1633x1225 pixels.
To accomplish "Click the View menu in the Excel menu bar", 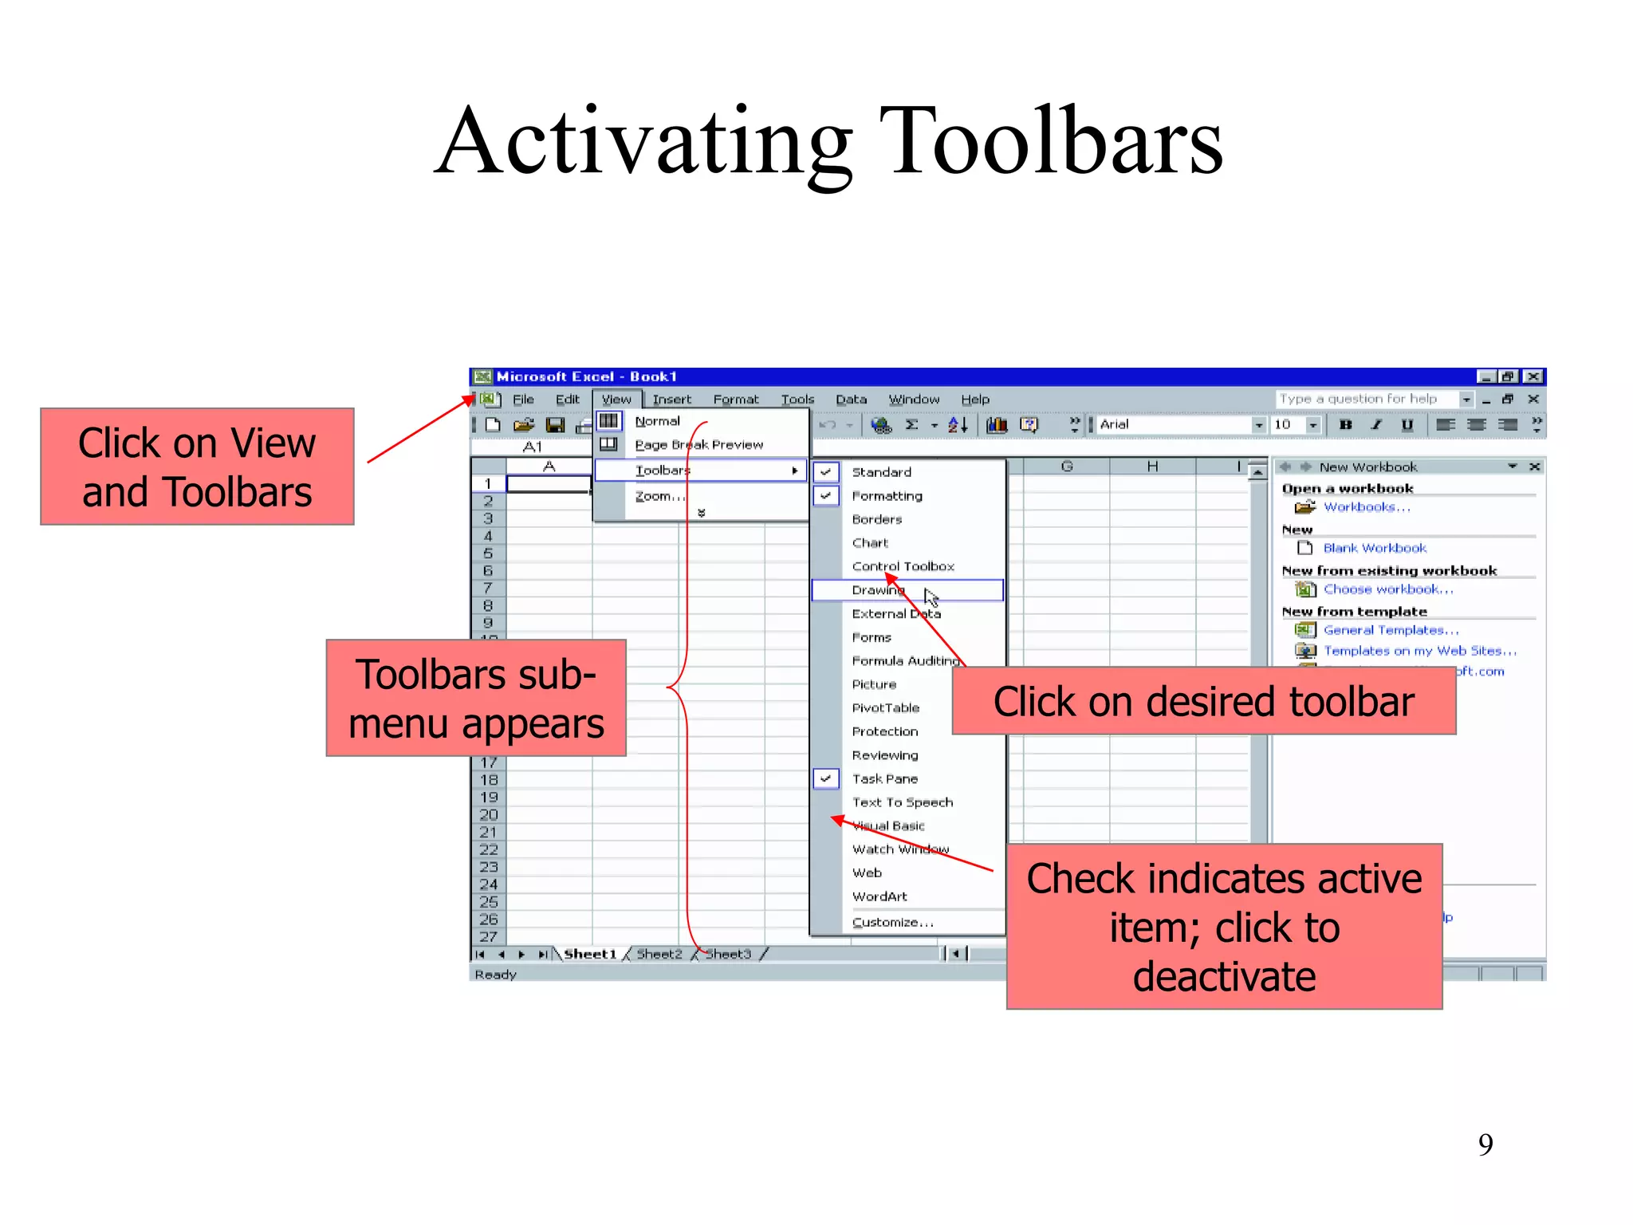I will (x=616, y=400).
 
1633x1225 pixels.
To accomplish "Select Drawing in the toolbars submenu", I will (x=877, y=590).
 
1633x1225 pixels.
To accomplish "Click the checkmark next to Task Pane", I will (x=826, y=778).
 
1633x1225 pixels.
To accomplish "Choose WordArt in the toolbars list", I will (x=879, y=896).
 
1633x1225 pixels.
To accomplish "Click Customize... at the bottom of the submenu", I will (x=892, y=922).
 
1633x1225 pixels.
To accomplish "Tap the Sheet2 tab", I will (x=659, y=954).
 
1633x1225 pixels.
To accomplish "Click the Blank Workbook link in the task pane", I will (x=1375, y=548).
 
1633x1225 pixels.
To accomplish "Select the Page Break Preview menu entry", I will (x=698, y=445).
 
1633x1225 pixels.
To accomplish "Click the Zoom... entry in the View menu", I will (x=659, y=496).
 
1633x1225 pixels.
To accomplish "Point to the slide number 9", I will (x=1485, y=1144).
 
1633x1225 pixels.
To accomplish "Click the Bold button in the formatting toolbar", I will (x=1346, y=424).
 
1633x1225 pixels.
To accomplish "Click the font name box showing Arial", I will (x=1172, y=424).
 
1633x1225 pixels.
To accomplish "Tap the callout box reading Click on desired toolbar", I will (x=1203, y=702).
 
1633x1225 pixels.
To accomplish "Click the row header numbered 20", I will (x=489, y=814).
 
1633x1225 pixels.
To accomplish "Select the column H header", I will (x=1152, y=467).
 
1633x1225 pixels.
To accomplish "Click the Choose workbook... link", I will (x=1388, y=589).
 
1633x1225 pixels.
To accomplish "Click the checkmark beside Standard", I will (x=826, y=472).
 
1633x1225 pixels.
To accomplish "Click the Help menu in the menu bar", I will (x=974, y=400).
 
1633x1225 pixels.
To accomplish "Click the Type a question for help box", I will (x=1365, y=399).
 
